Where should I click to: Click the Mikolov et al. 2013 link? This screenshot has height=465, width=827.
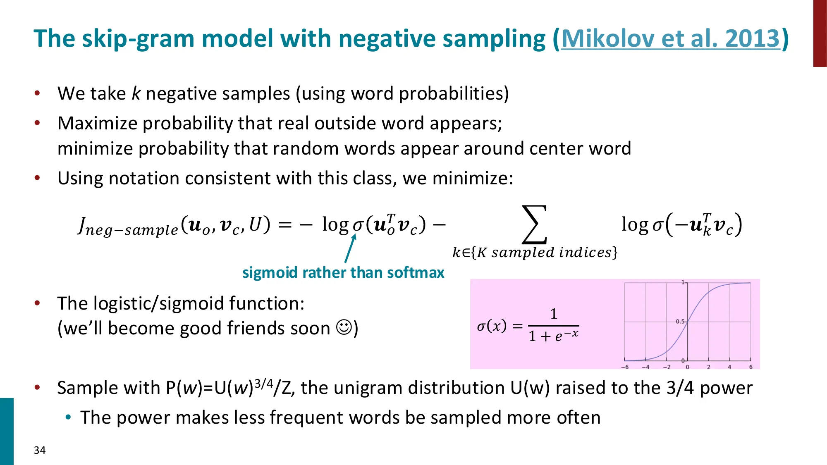tap(670, 38)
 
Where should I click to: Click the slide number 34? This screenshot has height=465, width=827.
tap(40, 450)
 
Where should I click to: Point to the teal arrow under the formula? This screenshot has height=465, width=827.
tap(350, 248)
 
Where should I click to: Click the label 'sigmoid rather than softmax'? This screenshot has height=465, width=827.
tap(343, 273)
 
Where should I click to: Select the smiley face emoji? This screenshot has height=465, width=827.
tap(344, 328)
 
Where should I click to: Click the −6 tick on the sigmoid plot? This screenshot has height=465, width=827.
tap(625, 367)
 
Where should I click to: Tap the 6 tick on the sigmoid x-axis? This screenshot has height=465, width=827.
tap(751, 367)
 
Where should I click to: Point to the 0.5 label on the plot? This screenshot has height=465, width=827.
tap(680, 321)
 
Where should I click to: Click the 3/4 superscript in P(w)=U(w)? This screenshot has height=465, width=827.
tap(264, 384)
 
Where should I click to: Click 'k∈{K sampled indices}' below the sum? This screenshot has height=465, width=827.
tap(535, 252)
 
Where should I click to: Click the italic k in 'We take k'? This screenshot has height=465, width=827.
tap(136, 94)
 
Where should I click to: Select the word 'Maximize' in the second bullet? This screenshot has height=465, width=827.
tap(98, 124)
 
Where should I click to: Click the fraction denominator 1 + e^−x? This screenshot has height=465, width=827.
tap(553, 336)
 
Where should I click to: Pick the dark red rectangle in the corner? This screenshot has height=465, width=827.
tap(820, 33)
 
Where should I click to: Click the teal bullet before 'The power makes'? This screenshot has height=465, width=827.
tap(68, 417)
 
